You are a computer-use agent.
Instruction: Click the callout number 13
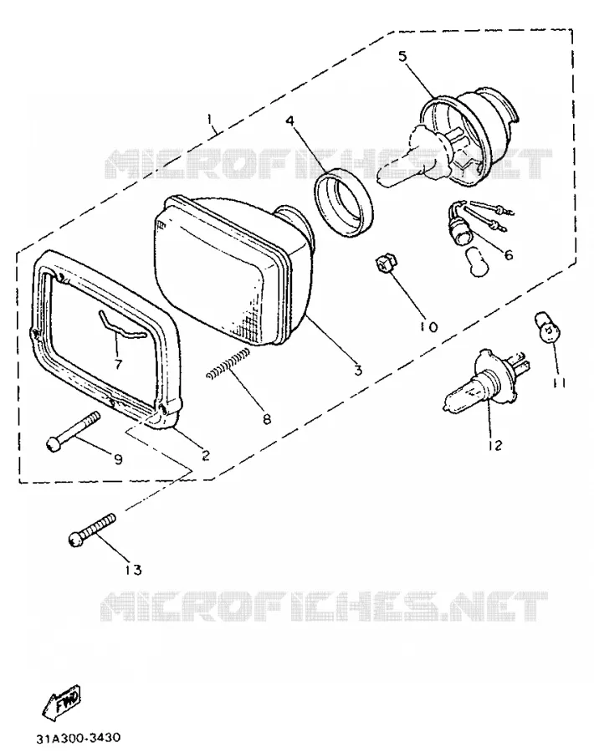point(134,570)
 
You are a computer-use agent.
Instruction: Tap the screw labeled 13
point(92,530)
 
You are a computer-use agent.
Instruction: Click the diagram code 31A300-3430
point(79,737)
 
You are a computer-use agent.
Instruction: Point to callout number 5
point(402,56)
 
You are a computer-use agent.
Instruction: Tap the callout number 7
point(118,364)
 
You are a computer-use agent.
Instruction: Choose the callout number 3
point(358,371)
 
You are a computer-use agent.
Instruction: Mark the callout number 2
point(206,454)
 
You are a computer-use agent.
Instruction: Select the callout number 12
point(494,445)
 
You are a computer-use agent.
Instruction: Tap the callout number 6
point(509,254)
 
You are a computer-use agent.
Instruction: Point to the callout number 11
point(559,383)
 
